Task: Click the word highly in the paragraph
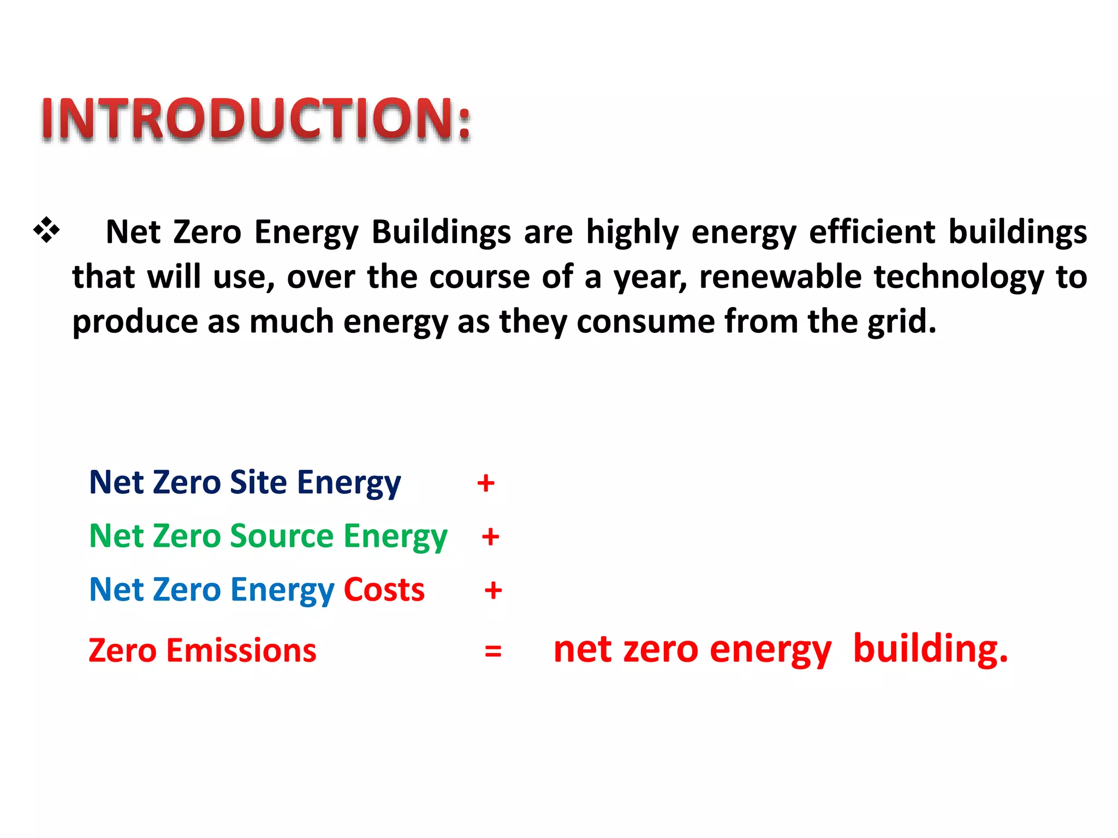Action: tap(632, 232)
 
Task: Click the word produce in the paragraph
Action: tap(135, 322)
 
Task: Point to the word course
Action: tap(479, 277)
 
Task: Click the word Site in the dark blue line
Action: tap(258, 482)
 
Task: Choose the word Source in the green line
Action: tap(282, 536)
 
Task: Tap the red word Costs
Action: tap(384, 590)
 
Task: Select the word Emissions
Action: tap(241, 650)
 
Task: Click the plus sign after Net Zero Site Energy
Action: tap(485, 483)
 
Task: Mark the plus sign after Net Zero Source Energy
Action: tap(490, 537)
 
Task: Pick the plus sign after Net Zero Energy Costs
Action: tap(493, 590)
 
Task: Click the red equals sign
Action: tap(492, 651)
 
